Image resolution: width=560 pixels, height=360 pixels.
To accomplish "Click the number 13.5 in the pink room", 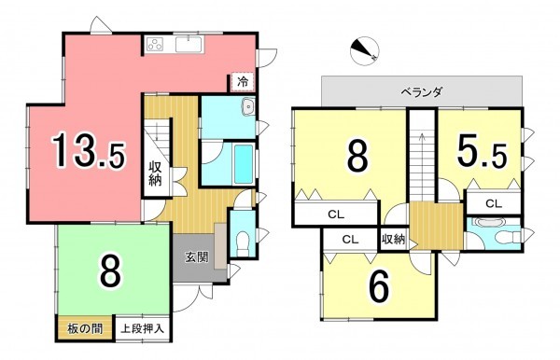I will pos(88,151).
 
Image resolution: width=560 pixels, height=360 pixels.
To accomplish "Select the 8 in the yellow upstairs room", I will pos(357,157).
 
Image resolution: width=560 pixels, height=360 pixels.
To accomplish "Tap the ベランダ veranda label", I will pos(422,92).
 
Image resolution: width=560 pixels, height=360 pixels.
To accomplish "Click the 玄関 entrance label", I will pos(194,257).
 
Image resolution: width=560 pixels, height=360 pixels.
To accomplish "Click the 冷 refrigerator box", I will pos(243,81).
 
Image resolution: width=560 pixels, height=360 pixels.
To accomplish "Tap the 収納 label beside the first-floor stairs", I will pos(156,174).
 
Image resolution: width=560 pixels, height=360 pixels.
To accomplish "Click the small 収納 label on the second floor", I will pos(393,240).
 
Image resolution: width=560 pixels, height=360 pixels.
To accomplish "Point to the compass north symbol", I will pos(365,52).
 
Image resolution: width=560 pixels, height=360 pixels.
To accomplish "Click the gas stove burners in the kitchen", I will pos(155,43).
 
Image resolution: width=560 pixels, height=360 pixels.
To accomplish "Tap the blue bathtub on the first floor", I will pos(244,166).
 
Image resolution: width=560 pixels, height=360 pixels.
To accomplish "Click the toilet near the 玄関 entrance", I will pos(241,238).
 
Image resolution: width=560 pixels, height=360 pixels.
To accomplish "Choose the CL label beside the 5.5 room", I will pos(493,202).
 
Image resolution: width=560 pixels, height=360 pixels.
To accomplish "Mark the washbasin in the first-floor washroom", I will pos(246,109).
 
